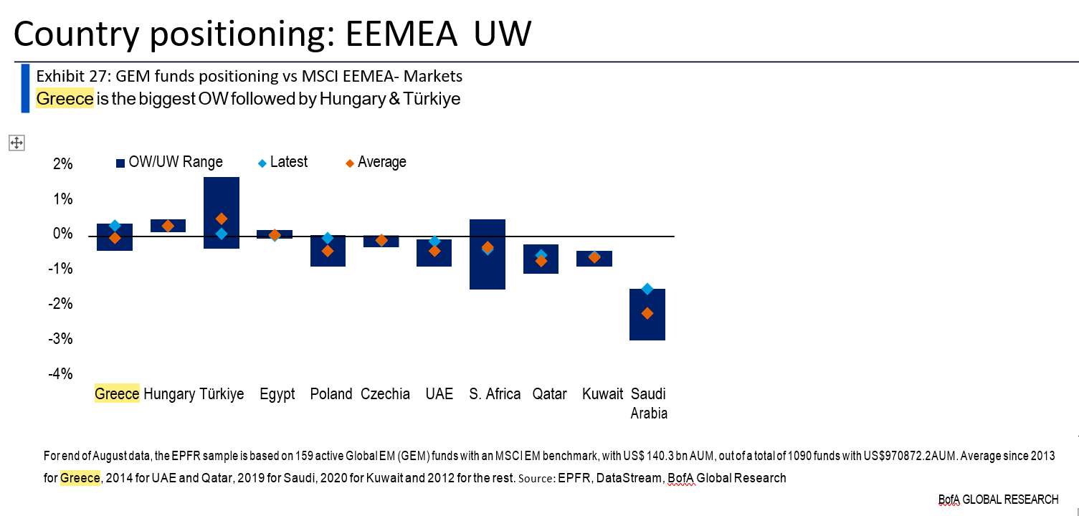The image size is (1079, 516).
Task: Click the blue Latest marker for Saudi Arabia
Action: (x=647, y=289)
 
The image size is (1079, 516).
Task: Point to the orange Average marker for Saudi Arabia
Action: (x=647, y=313)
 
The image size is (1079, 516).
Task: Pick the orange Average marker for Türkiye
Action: (x=222, y=219)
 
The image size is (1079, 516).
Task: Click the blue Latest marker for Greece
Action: (x=115, y=226)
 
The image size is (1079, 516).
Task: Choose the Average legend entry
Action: (x=374, y=162)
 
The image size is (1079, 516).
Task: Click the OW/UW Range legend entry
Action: (x=169, y=162)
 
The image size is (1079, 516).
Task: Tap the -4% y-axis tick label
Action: (x=62, y=373)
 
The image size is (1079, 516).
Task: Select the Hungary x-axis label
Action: (x=169, y=394)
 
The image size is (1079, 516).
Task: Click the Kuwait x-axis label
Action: (x=603, y=394)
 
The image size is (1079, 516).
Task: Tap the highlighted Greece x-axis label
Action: (x=117, y=394)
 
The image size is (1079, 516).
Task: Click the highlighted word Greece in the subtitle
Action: (x=65, y=99)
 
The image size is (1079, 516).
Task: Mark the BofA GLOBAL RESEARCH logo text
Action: (x=998, y=500)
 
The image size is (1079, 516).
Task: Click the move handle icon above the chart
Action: (x=16, y=143)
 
